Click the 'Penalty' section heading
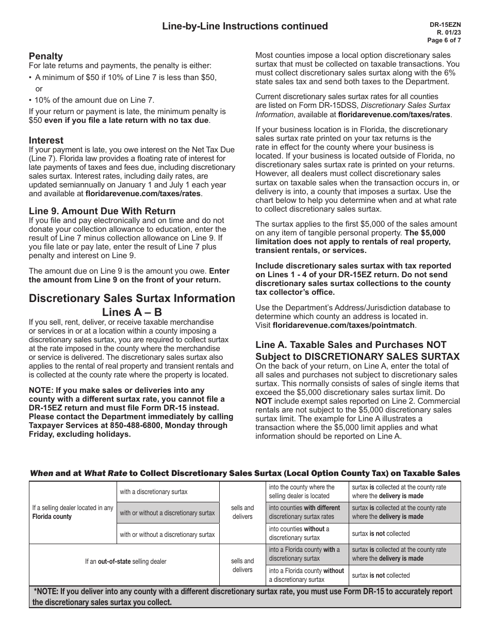click(x=46, y=56)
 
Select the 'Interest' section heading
click(x=46, y=140)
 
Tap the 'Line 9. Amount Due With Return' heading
click(x=102, y=211)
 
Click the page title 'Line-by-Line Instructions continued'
click(x=244, y=26)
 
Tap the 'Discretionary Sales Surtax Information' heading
click(x=132, y=298)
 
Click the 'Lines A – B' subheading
click(x=132, y=312)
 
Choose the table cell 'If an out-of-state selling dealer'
click(x=125, y=562)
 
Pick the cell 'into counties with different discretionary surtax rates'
click(x=307, y=512)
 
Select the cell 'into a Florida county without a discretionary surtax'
click(x=307, y=575)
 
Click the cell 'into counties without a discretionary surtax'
click(x=307, y=533)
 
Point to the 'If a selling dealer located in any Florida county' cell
click(x=73, y=512)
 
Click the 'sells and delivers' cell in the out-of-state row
click(x=242, y=565)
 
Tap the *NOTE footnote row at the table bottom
click(x=244, y=597)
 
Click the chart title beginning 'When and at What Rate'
click(x=244, y=473)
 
